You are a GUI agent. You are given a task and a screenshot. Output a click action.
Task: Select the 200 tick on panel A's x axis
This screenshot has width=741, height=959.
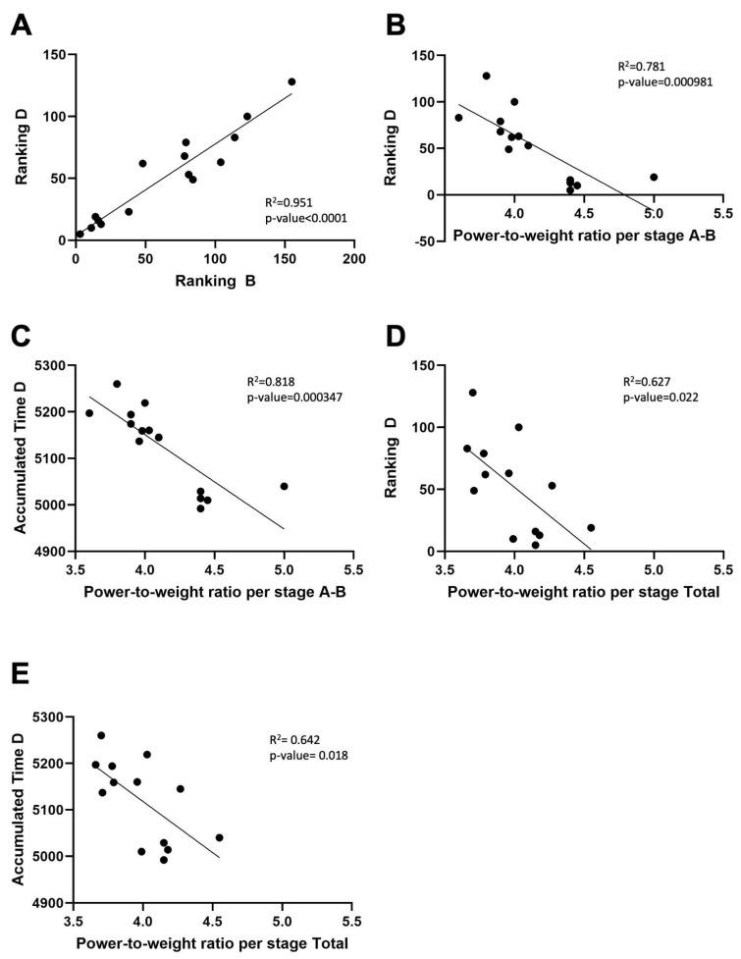point(354,259)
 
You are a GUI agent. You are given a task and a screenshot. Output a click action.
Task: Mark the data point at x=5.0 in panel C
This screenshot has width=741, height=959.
point(284,486)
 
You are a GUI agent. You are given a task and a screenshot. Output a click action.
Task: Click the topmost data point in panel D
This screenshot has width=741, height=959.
point(472,393)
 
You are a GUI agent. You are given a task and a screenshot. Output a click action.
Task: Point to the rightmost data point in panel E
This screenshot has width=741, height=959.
point(219,837)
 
